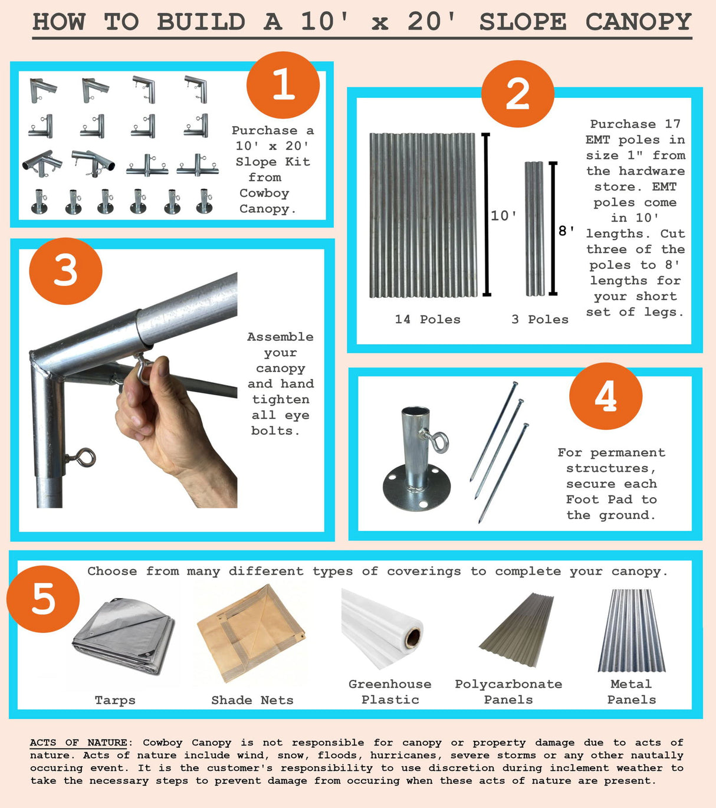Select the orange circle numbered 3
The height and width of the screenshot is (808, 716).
[x=65, y=271]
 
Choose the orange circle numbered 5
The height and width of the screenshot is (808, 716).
[x=43, y=599]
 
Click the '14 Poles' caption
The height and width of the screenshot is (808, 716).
[x=428, y=319]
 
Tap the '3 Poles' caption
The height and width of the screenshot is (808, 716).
[x=540, y=319]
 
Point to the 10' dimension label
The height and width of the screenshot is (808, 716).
[x=504, y=216]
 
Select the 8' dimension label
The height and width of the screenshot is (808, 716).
[x=567, y=231]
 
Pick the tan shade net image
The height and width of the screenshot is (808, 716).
[x=251, y=634]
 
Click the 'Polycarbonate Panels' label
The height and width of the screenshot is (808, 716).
[x=508, y=692]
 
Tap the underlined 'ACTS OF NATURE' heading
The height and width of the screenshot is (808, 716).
[x=78, y=743]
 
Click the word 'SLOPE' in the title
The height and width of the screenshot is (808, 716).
[x=523, y=22]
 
